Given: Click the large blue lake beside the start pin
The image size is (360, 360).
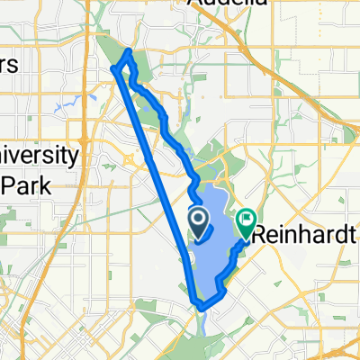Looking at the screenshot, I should (x=216, y=252).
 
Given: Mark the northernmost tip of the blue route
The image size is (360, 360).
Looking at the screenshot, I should (x=129, y=50).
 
